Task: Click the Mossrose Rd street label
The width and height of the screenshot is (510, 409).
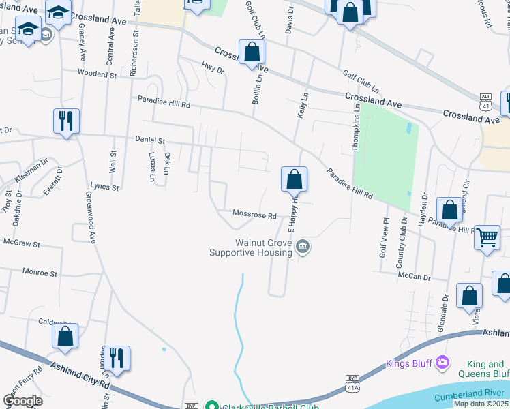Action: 254,215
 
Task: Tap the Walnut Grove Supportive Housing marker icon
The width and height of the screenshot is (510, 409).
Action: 303,247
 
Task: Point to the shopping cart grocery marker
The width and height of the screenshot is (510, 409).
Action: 487,238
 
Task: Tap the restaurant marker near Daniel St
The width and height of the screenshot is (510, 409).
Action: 66,121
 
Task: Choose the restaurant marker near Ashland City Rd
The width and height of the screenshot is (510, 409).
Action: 117,358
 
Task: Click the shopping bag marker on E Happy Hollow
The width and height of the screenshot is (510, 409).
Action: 295,180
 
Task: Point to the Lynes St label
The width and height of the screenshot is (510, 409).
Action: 105,187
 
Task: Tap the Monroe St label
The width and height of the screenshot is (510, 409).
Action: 40,273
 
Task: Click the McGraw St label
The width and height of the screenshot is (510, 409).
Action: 22,243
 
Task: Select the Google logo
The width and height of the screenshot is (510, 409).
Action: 22,401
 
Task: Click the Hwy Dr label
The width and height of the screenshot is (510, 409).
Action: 213,70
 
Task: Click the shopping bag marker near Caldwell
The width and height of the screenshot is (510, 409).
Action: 65,336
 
